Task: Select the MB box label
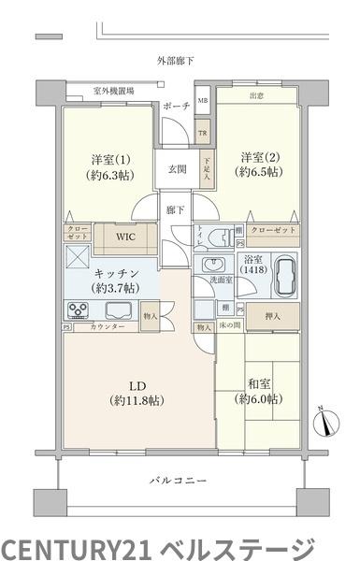click(203, 99)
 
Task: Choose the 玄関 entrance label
click(178, 169)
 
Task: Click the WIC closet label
click(124, 237)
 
